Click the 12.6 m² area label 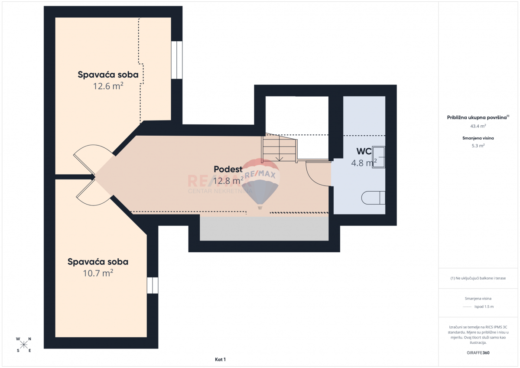(x=108, y=86)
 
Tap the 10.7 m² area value (x=98, y=273)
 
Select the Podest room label (x=228, y=169)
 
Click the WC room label (x=364, y=151)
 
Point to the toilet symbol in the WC (x=373, y=198)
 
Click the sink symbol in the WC (x=379, y=157)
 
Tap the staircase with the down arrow (x=279, y=148)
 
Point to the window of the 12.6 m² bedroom (x=176, y=60)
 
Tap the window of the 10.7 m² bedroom (x=153, y=285)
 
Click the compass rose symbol (x=24, y=345)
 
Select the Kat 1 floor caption (x=220, y=359)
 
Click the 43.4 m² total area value (x=478, y=126)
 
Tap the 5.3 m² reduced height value (x=478, y=146)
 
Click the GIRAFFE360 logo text (x=478, y=353)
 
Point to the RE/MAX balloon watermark (x=260, y=182)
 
